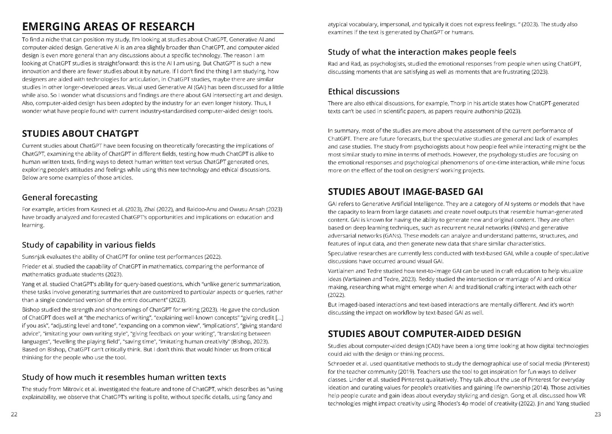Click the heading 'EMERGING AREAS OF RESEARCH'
tap(108, 26)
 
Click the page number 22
tap(14, 415)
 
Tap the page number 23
tap(598, 415)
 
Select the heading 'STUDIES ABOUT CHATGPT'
tap(80, 134)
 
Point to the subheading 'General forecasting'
tap(60, 198)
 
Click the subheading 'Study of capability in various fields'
tap(89, 245)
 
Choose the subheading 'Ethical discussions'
tap(364, 92)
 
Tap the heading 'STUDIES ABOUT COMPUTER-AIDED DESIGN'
tap(425, 334)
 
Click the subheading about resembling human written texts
tap(124, 377)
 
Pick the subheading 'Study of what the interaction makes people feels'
tap(422, 52)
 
